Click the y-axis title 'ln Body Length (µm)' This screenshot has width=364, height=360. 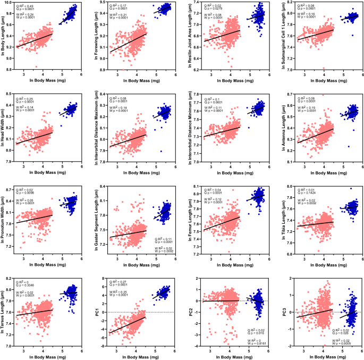pyautogui.click(x=4, y=37)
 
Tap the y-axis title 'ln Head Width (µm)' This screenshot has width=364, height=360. pyautogui.click(x=4, y=128)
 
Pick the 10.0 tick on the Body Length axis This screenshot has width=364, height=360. pyautogui.click(x=10, y=3)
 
